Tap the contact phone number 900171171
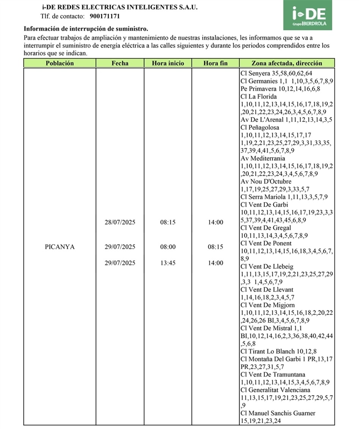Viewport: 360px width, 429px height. pos(105,16)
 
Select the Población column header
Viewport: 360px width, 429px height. pos(60,63)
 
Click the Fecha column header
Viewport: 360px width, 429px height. pos(120,63)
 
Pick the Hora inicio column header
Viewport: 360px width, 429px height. pos(168,63)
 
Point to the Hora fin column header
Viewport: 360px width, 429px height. pos(215,63)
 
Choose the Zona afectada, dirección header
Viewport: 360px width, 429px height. pos(287,63)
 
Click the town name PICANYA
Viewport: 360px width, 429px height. pos(60,247)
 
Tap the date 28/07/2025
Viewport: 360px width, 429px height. pos(120,222)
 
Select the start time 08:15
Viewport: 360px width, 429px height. pos(168,222)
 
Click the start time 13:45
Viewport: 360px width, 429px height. pos(168,263)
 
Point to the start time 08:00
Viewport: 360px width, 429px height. pos(168,247)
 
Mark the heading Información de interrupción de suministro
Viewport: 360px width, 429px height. pos(86,29)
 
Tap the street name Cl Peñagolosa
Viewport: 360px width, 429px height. pos(260,128)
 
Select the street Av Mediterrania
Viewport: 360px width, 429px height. pos(263,158)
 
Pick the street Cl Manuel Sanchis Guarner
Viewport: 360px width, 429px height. pos(278,413)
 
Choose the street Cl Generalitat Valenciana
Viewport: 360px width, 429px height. pos(275,390)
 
